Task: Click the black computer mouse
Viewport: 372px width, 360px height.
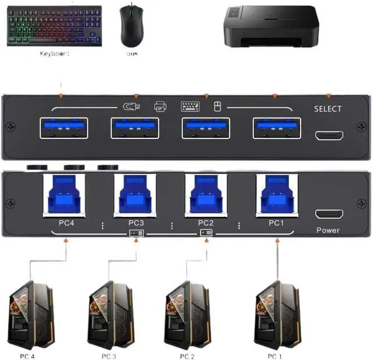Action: tap(131, 27)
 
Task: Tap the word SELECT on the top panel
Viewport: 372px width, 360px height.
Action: tap(328, 109)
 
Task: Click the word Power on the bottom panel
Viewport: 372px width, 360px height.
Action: tap(328, 230)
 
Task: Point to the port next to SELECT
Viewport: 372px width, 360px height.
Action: tap(328, 136)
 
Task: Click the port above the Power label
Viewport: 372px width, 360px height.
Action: tap(328, 214)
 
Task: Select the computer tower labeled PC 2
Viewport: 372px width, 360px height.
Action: tap(187, 315)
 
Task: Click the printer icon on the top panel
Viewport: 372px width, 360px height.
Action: tap(160, 106)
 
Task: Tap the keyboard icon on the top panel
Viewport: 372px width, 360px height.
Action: tap(190, 106)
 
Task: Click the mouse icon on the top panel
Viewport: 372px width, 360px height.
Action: tap(217, 106)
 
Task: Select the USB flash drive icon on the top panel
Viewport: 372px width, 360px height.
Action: tap(132, 106)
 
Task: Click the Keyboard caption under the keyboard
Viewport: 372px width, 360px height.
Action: tap(54, 54)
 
